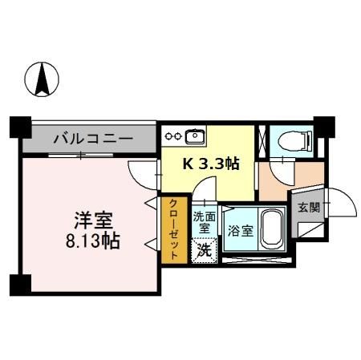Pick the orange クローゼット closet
[x=171, y=231]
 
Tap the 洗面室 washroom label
[x=205, y=222]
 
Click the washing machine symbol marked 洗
[x=205, y=249]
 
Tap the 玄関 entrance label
[x=308, y=208]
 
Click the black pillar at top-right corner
[x=323, y=126]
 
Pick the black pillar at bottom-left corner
[x=20, y=284]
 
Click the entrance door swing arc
[x=336, y=206]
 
